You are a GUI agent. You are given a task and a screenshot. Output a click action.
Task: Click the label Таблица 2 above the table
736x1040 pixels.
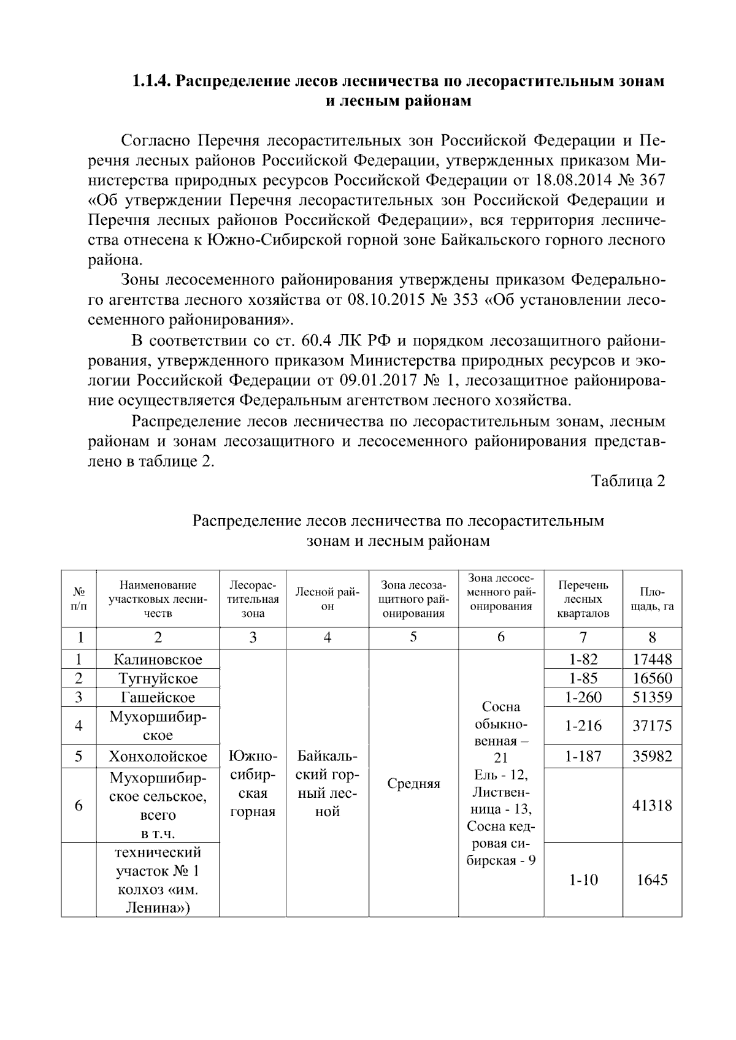point(628,481)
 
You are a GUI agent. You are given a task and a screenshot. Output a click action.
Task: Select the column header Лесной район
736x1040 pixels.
point(327,599)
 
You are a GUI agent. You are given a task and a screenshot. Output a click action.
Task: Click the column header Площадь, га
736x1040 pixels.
point(652,599)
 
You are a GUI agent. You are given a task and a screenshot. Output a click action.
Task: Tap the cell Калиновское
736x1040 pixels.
point(158,660)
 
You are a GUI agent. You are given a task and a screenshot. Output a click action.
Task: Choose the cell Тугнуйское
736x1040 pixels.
point(158,679)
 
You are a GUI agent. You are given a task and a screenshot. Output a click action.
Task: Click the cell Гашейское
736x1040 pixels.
point(158,697)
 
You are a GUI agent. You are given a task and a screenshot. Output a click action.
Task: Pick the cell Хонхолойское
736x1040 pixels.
point(158,756)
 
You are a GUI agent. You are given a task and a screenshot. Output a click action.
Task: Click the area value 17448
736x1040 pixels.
point(652,660)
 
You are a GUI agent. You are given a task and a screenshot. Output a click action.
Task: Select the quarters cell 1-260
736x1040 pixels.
point(583,697)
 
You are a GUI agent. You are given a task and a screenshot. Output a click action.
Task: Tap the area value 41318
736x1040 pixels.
point(652,805)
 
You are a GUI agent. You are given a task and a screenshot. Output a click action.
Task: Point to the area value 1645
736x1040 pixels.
point(652,880)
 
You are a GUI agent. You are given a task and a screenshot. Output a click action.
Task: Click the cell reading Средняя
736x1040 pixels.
point(413,784)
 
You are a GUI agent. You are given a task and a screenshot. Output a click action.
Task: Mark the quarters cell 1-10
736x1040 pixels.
point(583,880)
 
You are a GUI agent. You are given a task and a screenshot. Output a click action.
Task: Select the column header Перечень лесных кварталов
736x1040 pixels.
point(583,599)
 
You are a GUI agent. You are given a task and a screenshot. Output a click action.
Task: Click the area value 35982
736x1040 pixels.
point(652,756)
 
